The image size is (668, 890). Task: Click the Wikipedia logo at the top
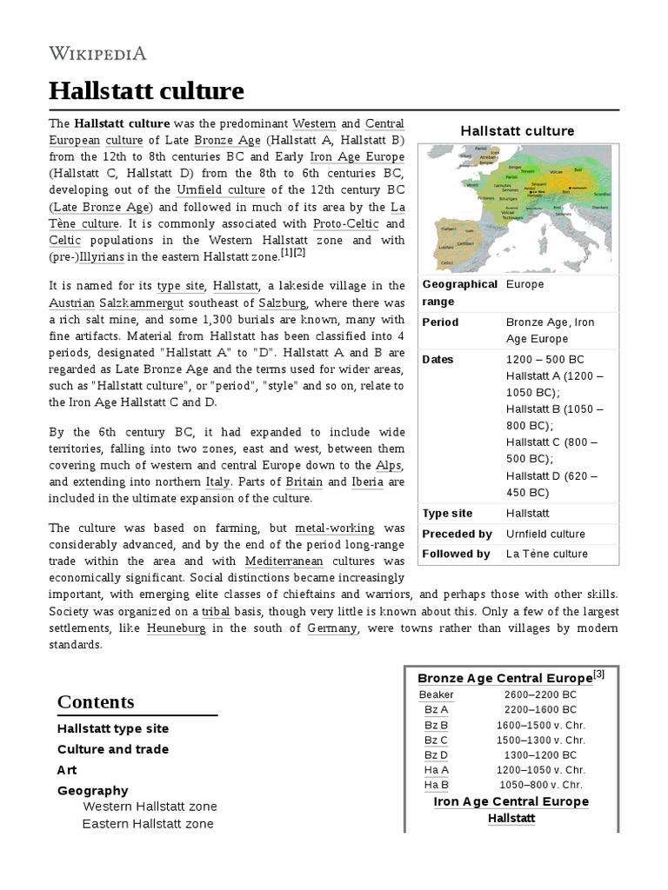pos(98,54)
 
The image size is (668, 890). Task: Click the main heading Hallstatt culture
pos(146,91)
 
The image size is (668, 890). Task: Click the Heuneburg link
pos(177,628)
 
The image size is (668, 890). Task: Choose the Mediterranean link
pos(282,561)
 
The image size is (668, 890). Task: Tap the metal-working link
pos(335,528)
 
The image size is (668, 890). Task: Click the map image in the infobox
pos(518,209)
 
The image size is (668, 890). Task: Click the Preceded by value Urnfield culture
pos(545,534)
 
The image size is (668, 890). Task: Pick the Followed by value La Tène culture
pos(547,554)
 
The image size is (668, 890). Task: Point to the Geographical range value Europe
pos(525,284)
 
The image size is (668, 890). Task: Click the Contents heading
pos(96,701)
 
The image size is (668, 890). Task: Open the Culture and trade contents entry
pos(113,749)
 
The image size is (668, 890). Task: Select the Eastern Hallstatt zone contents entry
pos(148,823)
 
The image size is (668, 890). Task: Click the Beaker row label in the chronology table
pos(436,694)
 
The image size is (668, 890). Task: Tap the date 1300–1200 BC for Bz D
pos(540,755)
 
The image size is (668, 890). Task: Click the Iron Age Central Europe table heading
pos(511,801)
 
